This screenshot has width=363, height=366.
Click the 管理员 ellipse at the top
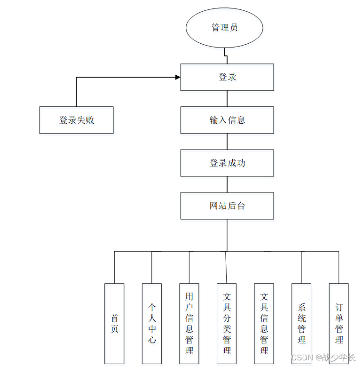[224, 28]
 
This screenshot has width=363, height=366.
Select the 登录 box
[227, 77]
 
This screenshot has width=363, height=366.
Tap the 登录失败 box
[76, 120]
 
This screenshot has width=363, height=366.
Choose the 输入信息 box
[227, 120]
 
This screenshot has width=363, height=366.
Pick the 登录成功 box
[227, 163]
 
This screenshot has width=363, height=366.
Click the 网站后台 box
[227, 206]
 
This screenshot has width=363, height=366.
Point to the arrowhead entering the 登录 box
[178, 77]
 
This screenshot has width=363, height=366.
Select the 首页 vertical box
[114, 323]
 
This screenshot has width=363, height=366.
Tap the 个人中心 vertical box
[152, 323]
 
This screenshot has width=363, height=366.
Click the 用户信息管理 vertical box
[189, 323]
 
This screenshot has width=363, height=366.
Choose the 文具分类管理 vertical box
[227, 323]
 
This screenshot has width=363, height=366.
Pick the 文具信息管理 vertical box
[264, 323]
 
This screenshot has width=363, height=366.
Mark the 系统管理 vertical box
[301, 323]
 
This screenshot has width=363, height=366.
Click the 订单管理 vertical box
[339, 323]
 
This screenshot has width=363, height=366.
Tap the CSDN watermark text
[323, 357]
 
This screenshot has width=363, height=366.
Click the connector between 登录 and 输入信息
[227, 99]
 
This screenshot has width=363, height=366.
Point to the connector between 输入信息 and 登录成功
[227, 142]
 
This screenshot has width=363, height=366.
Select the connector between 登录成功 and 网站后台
[227, 185]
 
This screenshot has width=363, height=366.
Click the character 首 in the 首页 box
[114, 318]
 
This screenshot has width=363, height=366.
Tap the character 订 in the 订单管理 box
[339, 307]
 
